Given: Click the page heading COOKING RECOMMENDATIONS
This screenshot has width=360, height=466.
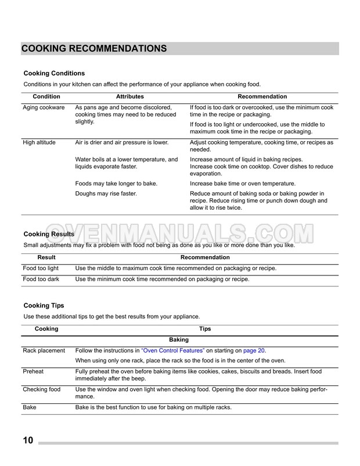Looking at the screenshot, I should (95, 48).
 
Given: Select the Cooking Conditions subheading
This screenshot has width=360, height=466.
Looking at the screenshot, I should (54, 73).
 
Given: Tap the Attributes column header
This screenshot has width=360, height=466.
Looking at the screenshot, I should (129, 96).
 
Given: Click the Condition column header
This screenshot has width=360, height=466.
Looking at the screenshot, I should (46, 96).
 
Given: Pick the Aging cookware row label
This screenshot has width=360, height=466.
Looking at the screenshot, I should (44, 108).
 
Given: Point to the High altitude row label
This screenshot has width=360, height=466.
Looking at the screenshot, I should (41, 142).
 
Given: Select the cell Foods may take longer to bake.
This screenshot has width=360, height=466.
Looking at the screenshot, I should (117, 183).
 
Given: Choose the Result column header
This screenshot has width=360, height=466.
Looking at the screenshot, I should (46, 257).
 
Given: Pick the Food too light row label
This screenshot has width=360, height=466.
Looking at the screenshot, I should (41, 268).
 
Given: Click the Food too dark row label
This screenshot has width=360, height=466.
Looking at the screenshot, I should (41, 279).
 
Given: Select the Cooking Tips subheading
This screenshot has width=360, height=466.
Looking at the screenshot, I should (44, 305).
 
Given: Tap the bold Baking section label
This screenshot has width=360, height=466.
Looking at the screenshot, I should (179, 339).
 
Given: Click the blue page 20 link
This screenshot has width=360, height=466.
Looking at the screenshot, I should (254, 350).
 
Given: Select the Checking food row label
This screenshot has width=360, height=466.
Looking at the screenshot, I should (42, 389).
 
